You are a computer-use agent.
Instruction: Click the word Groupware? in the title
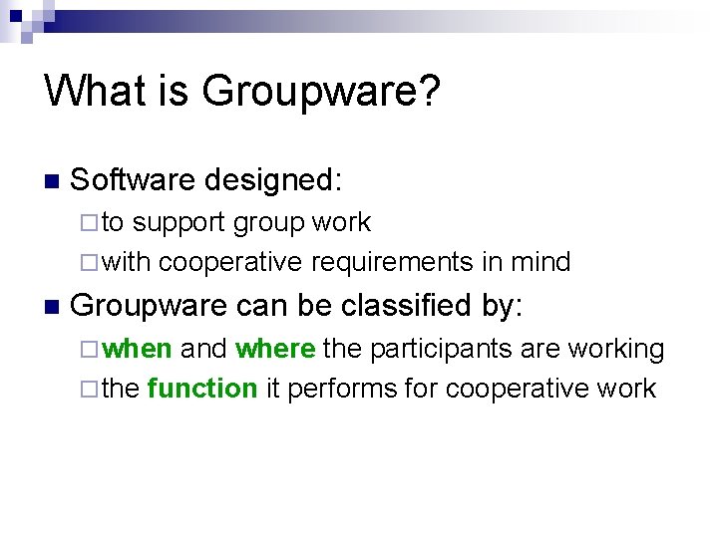pyautogui.click(x=320, y=92)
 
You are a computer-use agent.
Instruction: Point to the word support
pyautogui.click(x=179, y=223)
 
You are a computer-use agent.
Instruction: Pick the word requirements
pyautogui.click(x=391, y=262)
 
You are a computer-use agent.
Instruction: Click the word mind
pyautogui.click(x=539, y=262)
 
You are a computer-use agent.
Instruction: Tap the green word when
pyautogui.click(x=138, y=349)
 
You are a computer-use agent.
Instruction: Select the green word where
pyautogui.click(x=276, y=349)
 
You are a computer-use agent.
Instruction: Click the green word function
pyautogui.click(x=201, y=389)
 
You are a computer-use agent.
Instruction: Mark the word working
pyautogui.click(x=615, y=349)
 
